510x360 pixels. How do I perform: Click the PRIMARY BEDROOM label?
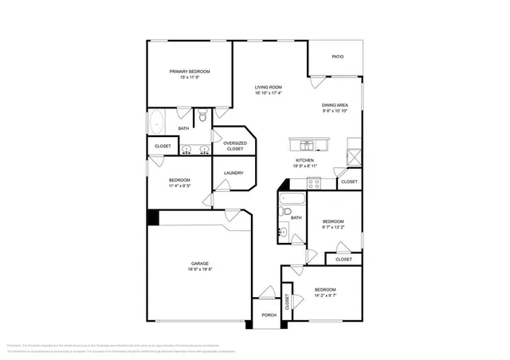click(190, 72)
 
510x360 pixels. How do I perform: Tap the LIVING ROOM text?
click(269, 87)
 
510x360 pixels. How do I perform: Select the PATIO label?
click(337, 57)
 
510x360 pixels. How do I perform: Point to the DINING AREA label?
click(335, 105)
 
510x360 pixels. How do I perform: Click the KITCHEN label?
click(305, 160)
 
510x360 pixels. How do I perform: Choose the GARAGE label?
click(199, 264)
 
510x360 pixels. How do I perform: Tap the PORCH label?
click(269, 315)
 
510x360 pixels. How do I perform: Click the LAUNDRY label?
click(233, 173)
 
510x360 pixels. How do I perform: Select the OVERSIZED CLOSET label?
click(235, 146)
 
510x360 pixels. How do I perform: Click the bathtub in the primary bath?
click(156, 123)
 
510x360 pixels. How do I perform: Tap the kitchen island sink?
click(306, 145)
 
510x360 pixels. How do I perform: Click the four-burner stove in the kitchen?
click(313, 182)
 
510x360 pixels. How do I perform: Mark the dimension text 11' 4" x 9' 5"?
click(179, 186)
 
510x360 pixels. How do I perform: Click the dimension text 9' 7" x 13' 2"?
click(333, 227)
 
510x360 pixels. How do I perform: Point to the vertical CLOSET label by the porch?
click(287, 302)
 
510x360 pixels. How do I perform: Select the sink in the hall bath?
click(284, 233)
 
